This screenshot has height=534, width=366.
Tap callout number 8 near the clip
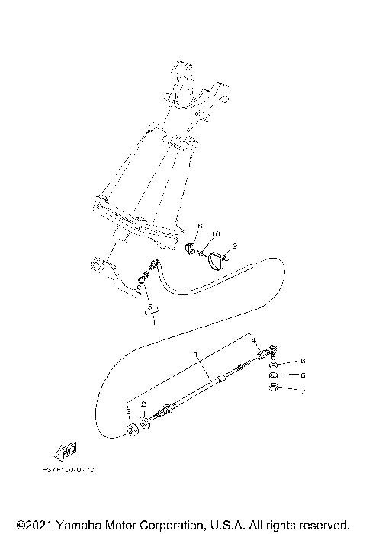[200, 227]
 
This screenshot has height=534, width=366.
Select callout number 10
[216, 233]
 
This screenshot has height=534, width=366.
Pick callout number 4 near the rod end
[255, 340]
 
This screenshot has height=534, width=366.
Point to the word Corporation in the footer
[169, 525]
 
